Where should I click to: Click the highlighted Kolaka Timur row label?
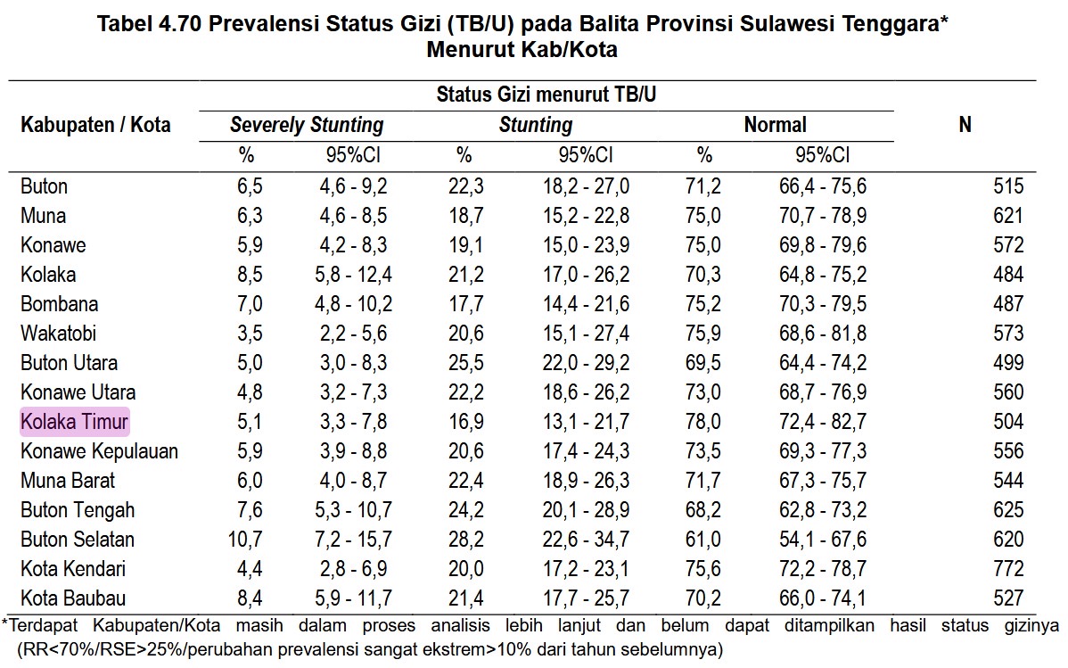point(75,421)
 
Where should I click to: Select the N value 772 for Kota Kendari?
point(1008,568)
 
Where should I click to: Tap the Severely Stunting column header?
point(307,126)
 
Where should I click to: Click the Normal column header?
point(775,126)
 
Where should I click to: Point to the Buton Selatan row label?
point(78,539)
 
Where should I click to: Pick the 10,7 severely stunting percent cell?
point(246,539)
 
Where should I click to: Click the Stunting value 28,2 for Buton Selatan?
point(464,539)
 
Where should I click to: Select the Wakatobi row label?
point(58,334)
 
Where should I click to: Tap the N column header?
point(964,126)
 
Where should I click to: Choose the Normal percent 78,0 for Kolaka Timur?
point(704,421)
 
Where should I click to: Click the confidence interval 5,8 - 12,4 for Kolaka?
point(353,275)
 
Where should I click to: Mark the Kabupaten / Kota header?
point(95,125)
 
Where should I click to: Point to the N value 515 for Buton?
point(1008,186)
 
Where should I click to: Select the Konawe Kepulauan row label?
point(99,450)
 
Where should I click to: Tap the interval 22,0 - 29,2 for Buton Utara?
point(586,363)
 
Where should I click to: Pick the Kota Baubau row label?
point(73,598)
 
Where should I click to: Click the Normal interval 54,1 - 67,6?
point(821,539)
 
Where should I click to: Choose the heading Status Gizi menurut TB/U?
point(546,94)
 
